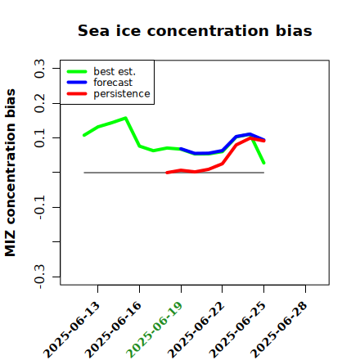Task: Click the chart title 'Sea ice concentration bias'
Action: pos(195,30)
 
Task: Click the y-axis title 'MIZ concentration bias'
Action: pos(11,173)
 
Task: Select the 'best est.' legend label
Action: pos(115,71)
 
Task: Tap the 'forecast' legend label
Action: pos(113,83)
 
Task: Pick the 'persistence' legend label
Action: pos(122,94)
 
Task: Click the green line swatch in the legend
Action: pos(77,71)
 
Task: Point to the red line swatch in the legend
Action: pos(77,94)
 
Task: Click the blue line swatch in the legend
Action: pos(77,83)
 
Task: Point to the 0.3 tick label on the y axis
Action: pos(39,69)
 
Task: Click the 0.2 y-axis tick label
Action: pos(39,103)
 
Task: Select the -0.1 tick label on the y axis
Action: pos(39,208)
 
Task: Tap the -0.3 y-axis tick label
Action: pos(39,277)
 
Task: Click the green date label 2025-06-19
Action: pos(155,330)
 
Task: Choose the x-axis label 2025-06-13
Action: pos(71,330)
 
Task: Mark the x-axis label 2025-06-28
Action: pos(279,330)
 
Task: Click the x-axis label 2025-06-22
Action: pos(196,330)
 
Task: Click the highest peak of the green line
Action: pos(125,118)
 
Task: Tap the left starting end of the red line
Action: pos(167,173)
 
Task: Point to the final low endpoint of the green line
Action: pos(263,163)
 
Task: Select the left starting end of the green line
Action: pos(83,135)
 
